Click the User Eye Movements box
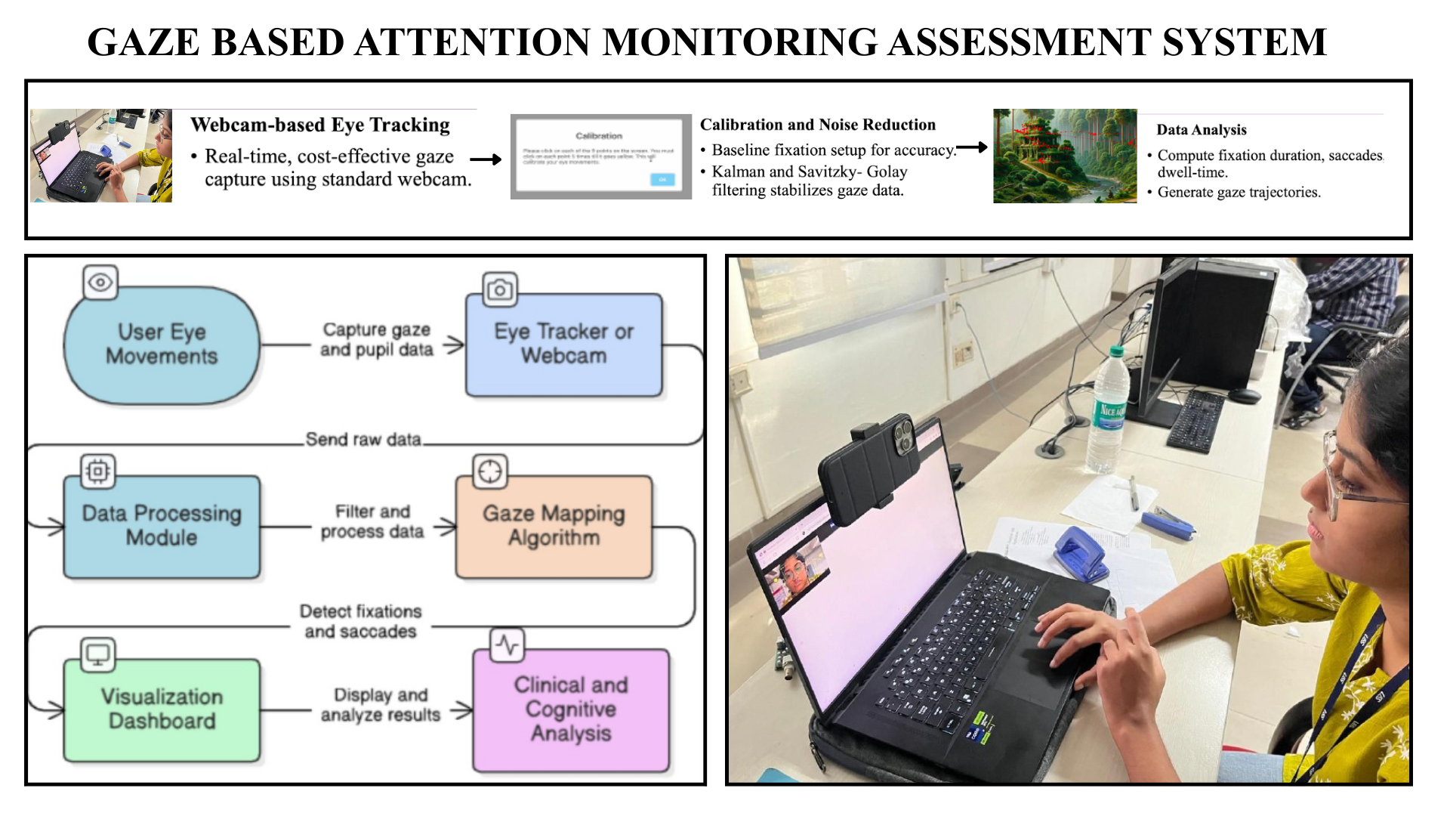click(x=162, y=345)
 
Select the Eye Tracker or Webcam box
click(x=563, y=345)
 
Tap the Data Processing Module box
click(x=162, y=526)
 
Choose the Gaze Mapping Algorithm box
click(x=554, y=526)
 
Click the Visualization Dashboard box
click(x=162, y=709)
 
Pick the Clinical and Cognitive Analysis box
click(x=571, y=709)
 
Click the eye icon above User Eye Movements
click(x=100, y=283)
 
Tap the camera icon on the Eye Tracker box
click(x=499, y=289)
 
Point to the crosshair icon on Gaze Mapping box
click(x=490, y=471)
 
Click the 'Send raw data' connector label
click(x=363, y=439)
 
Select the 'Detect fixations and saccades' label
click(x=360, y=621)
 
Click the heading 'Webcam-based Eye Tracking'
click(x=320, y=125)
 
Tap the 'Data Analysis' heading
click(x=1201, y=130)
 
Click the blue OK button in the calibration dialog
click(x=662, y=179)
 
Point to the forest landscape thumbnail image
click(x=1064, y=156)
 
